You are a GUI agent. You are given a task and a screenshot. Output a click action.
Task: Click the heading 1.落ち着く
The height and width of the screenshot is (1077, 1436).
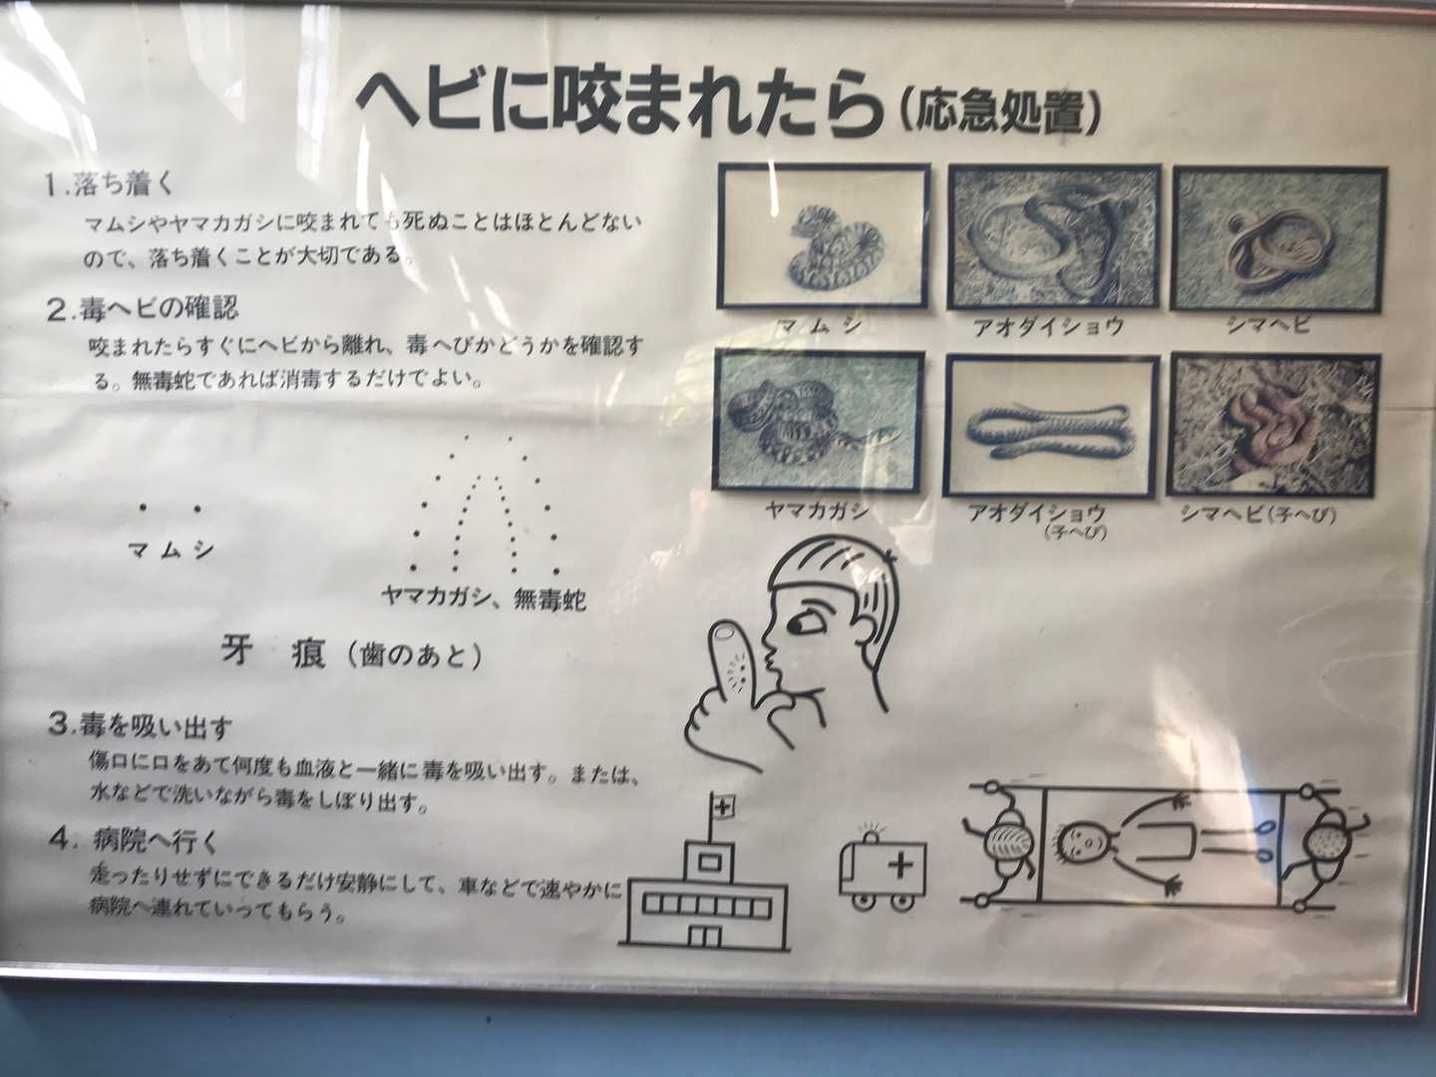click(x=111, y=185)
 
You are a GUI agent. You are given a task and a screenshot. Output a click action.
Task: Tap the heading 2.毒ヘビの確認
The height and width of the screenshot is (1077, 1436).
click(x=142, y=307)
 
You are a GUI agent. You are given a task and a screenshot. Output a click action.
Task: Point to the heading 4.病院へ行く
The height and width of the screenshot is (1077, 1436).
click(x=134, y=843)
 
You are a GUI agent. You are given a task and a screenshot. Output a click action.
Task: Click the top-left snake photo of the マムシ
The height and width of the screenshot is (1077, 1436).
click(x=824, y=236)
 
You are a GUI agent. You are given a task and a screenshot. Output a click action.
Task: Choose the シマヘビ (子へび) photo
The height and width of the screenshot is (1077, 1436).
click(x=1274, y=425)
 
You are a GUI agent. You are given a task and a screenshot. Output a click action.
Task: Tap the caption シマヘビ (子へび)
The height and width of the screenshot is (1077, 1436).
click(x=1257, y=515)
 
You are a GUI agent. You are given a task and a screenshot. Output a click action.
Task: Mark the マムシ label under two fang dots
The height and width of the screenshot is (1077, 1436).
click(x=172, y=551)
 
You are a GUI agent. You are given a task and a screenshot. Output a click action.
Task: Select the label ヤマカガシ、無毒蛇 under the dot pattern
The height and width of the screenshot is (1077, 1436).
click(x=483, y=597)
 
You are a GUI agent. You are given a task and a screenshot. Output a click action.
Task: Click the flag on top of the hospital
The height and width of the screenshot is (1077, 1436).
click(x=721, y=807)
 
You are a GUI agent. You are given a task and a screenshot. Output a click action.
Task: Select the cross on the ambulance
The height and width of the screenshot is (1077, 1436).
click(x=901, y=867)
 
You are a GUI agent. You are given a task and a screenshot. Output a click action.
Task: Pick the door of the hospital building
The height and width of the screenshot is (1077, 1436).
click(x=704, y=937)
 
